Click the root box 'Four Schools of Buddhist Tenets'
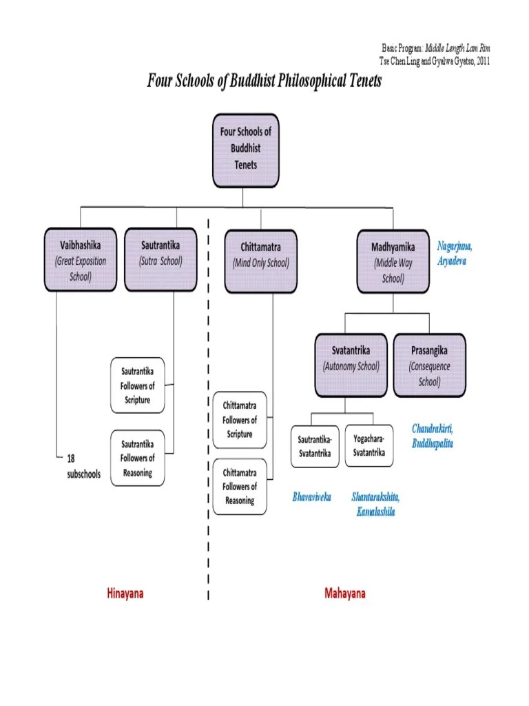tap(246, 151)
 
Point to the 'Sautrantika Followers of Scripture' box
tap(138, 385)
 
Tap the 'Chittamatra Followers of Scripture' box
tap(239, 419)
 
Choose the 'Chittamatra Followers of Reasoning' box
tap(239, 486)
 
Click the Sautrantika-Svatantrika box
tap(315, 446)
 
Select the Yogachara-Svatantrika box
tap(369, 445)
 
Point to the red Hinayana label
tap(125, 593)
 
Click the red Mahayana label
tap(345, 593)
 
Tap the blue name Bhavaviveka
tap(311, 497)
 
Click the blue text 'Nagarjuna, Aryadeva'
tap(455, 253)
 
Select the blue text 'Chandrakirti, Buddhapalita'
tap(433, 436)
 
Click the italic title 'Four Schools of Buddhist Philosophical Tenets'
tap(264, 81)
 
